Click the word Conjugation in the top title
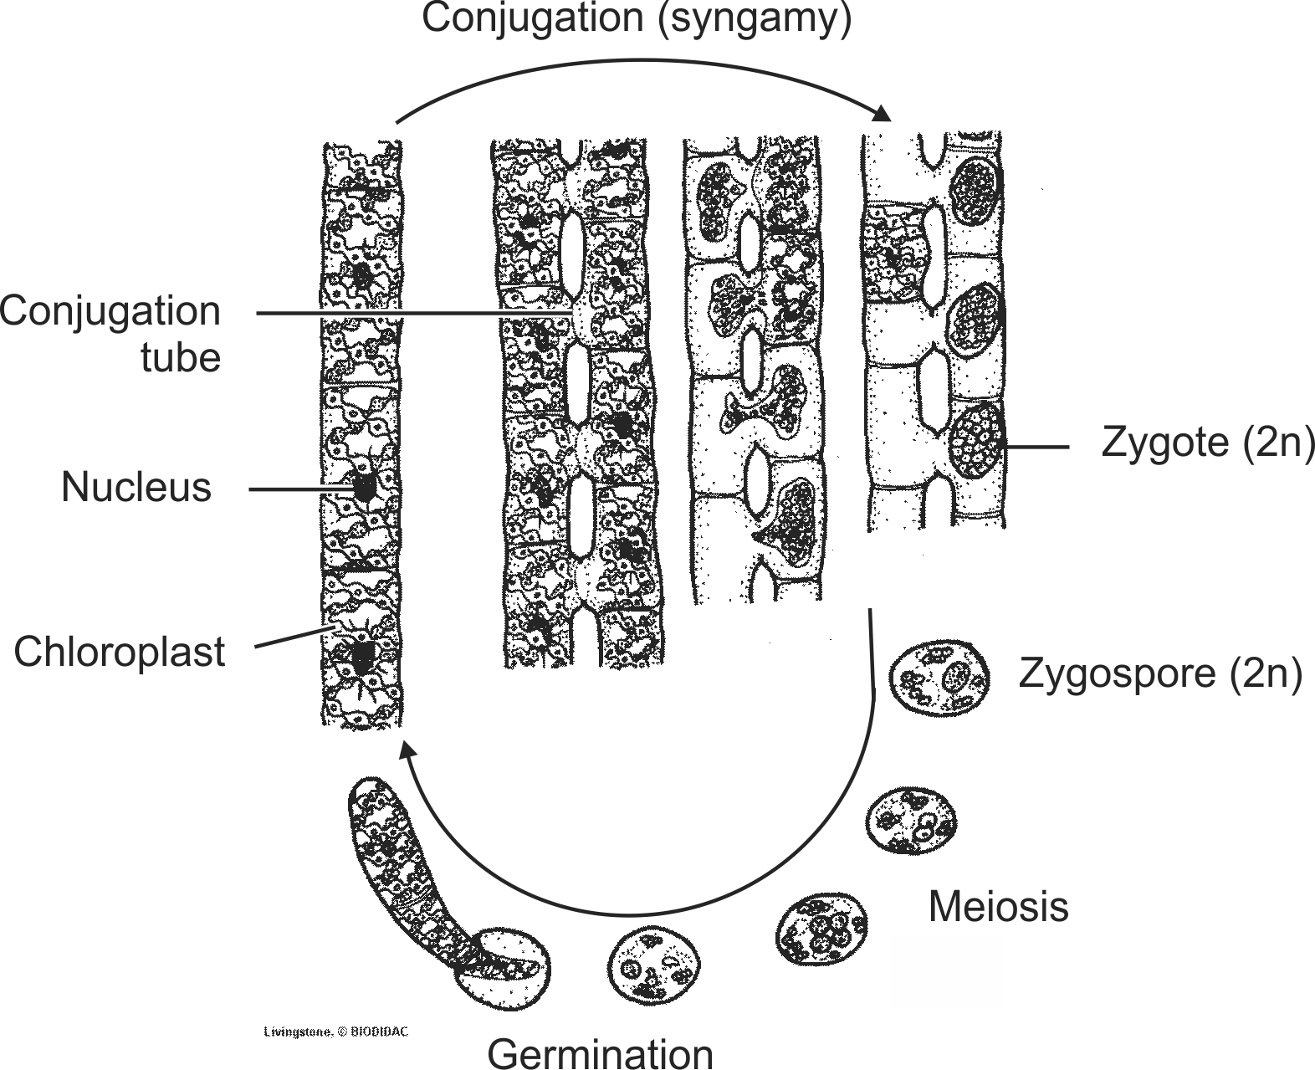(531, 18)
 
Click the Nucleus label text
(136, 487)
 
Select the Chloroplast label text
(120, 652)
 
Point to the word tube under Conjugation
(181, 357)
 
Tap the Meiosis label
(999, 906)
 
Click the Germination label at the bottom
(600, 1052)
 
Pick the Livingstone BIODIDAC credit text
(335, 1032)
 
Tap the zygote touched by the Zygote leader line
(978, 441)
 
